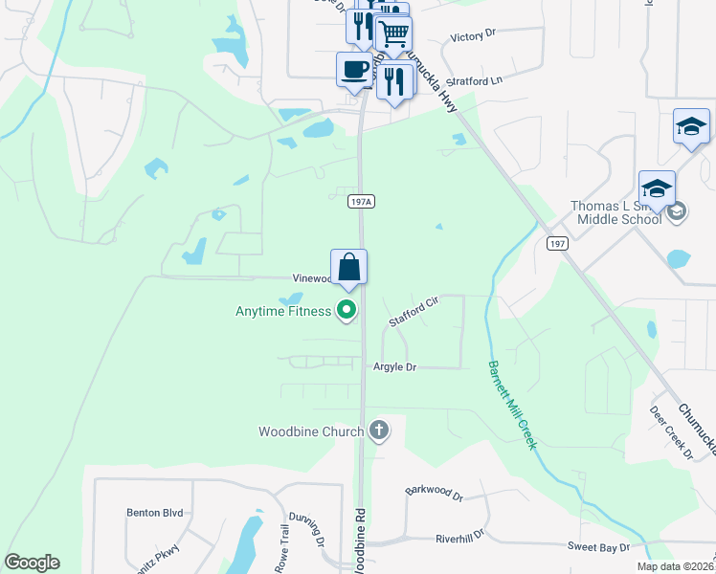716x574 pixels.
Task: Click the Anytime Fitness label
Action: click(x=283, y=311)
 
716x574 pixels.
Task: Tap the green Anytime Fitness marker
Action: click(x=347, y=310)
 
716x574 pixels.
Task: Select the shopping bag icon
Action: click(x=349, y=266)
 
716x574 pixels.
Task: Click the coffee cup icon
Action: click(x=354, y=70)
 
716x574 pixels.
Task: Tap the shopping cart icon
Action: click(x=393, y=34)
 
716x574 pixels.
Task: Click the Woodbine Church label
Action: click(x=311, y=431)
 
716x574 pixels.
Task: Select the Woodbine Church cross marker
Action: click(x=379, y=430)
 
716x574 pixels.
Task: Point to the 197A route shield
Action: click(x=361, y=202)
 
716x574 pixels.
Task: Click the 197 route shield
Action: click(x=558, y=244)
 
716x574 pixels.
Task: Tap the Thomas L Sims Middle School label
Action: click(x=615, y=212)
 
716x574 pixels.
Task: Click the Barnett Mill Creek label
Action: click(x=512, y=406)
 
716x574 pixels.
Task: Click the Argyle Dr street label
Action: click(x=394, y=367)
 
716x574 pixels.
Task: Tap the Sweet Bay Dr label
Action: click(x=598, y=547)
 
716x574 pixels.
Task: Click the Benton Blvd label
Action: click(x=154, y=513)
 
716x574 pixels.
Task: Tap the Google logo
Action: click(x=32, y=563)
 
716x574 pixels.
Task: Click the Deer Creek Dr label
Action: click(x=670, y=430)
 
